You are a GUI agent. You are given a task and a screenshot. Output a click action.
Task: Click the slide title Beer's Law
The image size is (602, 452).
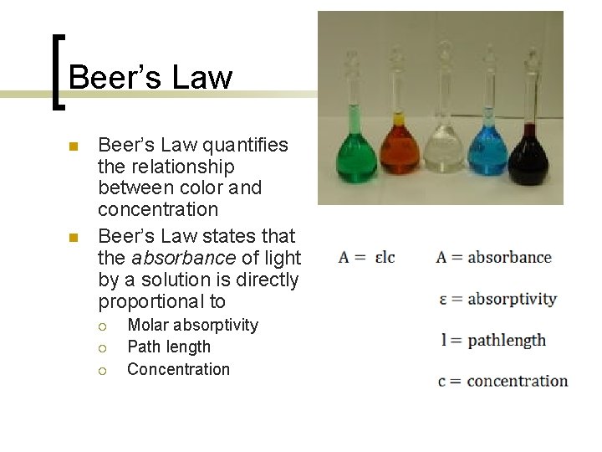(x=150, y=78)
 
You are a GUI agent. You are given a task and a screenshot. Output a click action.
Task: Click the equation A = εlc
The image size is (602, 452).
(x=367, y=257)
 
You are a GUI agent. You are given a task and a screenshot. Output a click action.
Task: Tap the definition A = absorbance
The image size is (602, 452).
(x=493, y=257)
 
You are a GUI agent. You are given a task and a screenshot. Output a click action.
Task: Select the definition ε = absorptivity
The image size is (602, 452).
(x=497, y=299)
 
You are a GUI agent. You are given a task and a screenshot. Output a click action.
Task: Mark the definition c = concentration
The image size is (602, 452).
(x=502, y=381)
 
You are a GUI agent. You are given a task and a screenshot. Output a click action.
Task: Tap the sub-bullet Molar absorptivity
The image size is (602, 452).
(x=192, y=325)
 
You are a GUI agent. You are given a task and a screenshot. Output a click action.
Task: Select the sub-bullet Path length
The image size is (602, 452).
(x=169, y=347)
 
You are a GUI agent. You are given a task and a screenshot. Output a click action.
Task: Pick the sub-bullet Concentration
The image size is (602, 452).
(x=178, y=369)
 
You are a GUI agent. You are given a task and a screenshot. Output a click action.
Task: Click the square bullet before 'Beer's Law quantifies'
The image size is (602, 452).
(x=73, y=146)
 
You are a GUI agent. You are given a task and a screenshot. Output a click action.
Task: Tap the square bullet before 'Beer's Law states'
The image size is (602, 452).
(x=73, y=238)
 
